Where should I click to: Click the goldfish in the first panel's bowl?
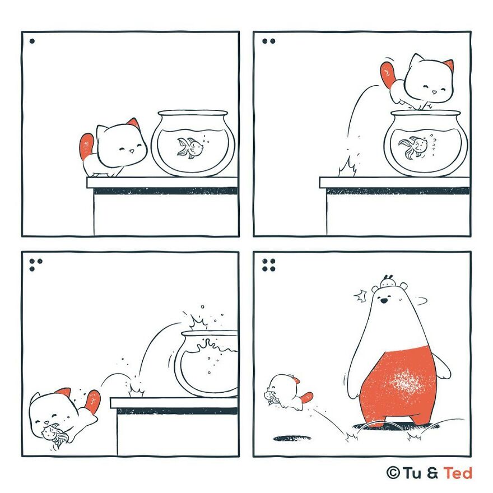coord(189,147)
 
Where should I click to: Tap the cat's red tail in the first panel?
coord(87,146)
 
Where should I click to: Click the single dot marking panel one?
coord(32,41)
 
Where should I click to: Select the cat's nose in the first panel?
coord(132,151)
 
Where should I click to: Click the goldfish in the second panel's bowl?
coord(412,147)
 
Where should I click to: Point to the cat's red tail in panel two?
coord(389,74)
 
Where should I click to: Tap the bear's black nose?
coord(384,301)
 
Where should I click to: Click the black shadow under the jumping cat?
coord(292,438)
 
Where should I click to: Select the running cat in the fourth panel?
coord(289,392)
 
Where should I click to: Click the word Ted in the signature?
coord(458,473)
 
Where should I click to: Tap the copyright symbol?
coord(393,473)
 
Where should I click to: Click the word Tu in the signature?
coord(412,473)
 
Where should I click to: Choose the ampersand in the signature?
coord(432,473)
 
